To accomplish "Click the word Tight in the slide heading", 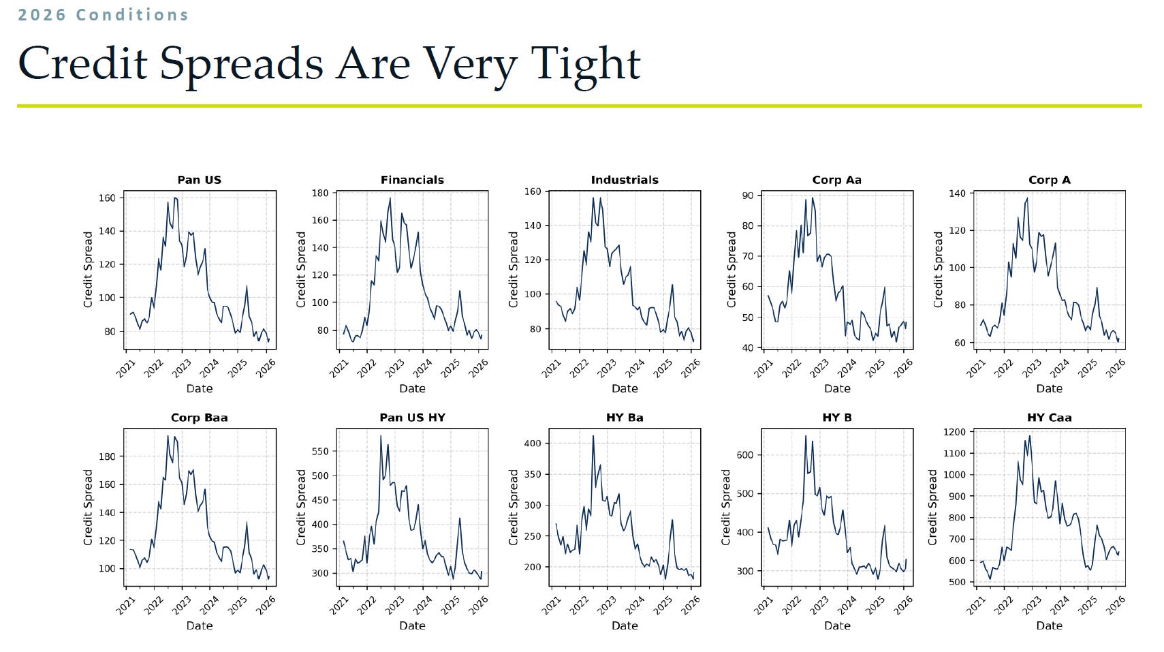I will pyautogui.click(x=585, y=64).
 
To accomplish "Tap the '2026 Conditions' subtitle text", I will pyautogui.click(x=103, y=14).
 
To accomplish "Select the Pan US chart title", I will pyautogui.click(x=199, y=180).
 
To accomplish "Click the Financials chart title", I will pyautogui.click(x=412, y=180).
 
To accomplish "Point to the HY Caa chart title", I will pyautogui.click(x=1049, y=418).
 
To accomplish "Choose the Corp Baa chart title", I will pyautogui.click(x=199, y=418).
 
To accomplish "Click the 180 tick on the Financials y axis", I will pyautogui.click(x=320, y=193).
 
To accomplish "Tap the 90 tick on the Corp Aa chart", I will pyautogui.click(x=748, y=196).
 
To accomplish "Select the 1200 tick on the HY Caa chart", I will pyautogui.click(x=955, y=432).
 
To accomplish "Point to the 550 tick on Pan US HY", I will pyautogui.click(x=320, y=451).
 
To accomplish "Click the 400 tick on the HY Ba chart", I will pyautogui.click(x=533, y=443).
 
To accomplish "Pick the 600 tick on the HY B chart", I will pyautogui.click(x=745, y=455).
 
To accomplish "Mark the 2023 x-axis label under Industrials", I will pyautogui.click(x=607, y=369).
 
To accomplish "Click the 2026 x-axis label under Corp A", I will pyautogui.click(x=1116, y=369).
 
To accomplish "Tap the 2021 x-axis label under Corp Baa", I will pyautogui.click(x=126, y=606).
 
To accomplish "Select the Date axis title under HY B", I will pyautogui.click(x=837, y=625).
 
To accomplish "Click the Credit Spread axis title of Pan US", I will pyautogui.click(x=88, y=269).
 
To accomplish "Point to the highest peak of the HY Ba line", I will pyautogui.click(x=593, y=435).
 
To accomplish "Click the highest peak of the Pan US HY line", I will pyautogui.click(x=381, y=436).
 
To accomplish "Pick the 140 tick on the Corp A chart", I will pyautogui.click(x=958, y=193).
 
